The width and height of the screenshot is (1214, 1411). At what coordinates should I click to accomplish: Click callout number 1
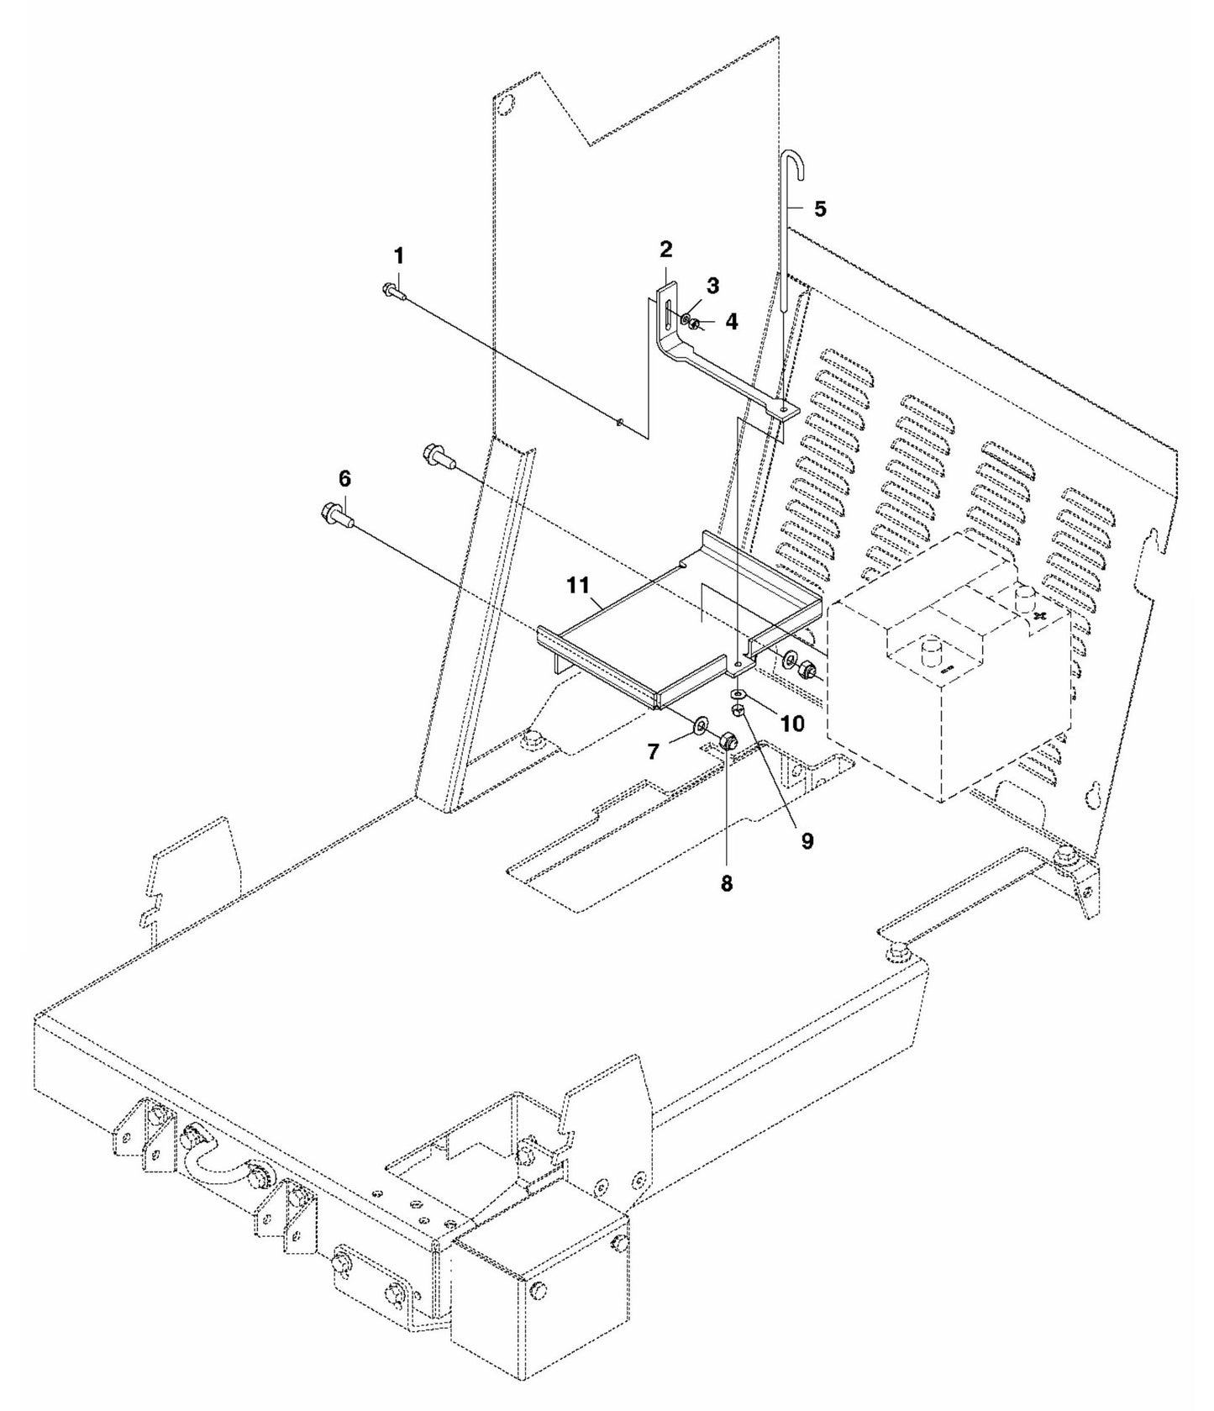[399, 254]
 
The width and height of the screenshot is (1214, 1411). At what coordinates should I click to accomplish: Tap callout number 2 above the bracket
[665, 249]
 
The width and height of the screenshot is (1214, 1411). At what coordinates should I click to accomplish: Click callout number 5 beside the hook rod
[820, 208]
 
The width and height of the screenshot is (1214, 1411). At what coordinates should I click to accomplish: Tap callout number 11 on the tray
[578, 585]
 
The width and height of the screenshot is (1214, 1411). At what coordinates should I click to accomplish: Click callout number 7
[654, 750]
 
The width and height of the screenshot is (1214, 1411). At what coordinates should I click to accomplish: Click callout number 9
[807, 841]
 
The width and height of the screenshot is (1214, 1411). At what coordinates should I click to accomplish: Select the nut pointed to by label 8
[729, 741]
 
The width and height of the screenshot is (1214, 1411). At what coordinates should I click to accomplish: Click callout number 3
[712, 285]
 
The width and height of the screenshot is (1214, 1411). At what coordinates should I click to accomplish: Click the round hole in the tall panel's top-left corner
[503, 106]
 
